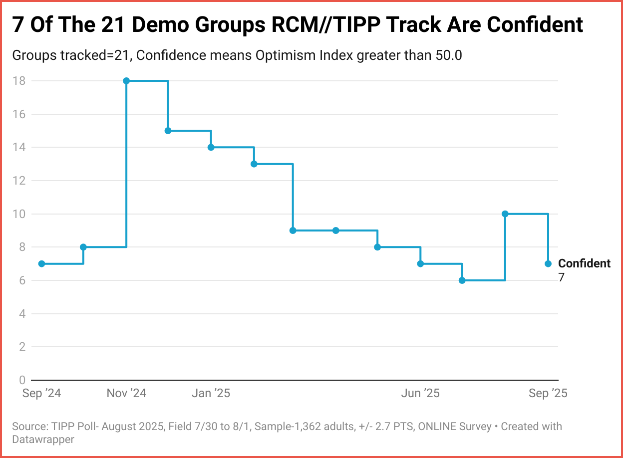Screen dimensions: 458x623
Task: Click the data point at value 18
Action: (126, 81)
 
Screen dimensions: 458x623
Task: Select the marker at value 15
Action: (168, 131)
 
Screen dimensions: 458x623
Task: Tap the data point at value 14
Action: (211, 147)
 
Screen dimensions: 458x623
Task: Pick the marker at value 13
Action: (254, 164)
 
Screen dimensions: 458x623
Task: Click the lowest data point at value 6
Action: (462, 280)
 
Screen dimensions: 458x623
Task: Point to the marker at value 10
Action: (505, 214)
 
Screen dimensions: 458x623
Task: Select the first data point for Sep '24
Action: (41, 263)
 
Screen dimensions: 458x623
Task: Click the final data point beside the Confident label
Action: (548, 263)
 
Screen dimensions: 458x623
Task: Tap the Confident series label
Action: (584, 263)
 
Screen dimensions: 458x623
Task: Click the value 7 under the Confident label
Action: (561, 277)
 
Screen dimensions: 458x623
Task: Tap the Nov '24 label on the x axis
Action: (126, 393)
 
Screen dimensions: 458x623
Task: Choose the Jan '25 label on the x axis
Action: (211, 393)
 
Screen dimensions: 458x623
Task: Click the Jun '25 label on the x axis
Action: (420, 393)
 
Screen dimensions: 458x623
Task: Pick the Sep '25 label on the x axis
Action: (548, 393)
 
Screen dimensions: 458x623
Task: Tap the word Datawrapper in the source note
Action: (43, 440)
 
